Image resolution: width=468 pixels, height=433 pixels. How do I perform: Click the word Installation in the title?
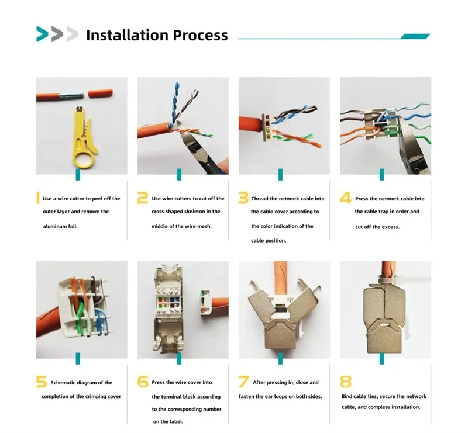click(x=128, y=35)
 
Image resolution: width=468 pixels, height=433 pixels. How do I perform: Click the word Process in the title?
click(x=201, y=35)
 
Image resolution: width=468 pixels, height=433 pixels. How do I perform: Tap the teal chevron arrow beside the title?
click(x=42, y=34)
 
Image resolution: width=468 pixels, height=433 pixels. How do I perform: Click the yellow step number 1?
click(x=38, y=198)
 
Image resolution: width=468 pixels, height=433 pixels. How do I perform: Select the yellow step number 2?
click(x=143, y=198)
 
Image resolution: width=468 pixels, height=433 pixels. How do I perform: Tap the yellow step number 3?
click(x=243, y=198)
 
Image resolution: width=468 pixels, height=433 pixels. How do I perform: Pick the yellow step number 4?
click(x=346, y=198)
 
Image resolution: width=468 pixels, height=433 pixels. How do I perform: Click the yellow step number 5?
click(x=42, y=382)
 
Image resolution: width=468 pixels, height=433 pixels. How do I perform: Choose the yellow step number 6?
click(x=143, y=382)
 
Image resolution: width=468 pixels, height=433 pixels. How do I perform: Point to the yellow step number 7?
click(x=243, y=382)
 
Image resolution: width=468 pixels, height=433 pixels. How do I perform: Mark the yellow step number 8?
click(x=346, y=382)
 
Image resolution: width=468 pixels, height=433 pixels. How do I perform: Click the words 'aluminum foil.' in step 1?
click(x=60, y=226)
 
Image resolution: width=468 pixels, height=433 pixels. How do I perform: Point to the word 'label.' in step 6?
click(x=176, y=422)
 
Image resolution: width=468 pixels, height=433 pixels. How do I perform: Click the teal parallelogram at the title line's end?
click(x=415, y=36)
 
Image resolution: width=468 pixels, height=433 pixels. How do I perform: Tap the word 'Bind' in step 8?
click(x=347, y=396)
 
